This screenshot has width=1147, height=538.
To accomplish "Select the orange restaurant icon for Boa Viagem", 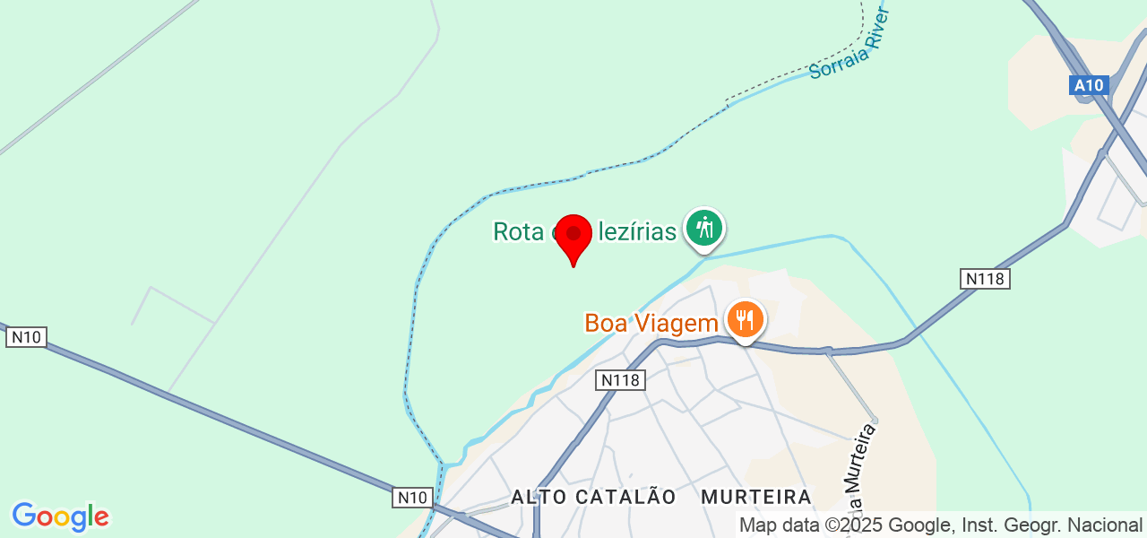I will (x=745, y=319).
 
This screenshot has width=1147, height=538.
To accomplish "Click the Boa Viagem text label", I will (x=651, y=323).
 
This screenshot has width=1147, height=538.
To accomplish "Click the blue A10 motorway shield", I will (x=1090, y=86).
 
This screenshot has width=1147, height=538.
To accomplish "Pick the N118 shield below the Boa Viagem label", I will (x=620, y=380).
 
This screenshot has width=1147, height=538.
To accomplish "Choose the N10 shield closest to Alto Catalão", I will (x=412, y=497).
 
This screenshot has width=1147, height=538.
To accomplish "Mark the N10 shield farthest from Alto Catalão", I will (x=26, y=337).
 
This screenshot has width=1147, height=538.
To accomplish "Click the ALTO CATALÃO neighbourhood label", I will (x=593, y=497).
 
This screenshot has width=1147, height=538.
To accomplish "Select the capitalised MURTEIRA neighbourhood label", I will (x=756, y=497).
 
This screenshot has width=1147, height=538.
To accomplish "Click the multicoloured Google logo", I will (x=60, y=516).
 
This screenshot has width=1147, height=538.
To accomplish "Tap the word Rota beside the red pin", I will (x=519, y=232).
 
